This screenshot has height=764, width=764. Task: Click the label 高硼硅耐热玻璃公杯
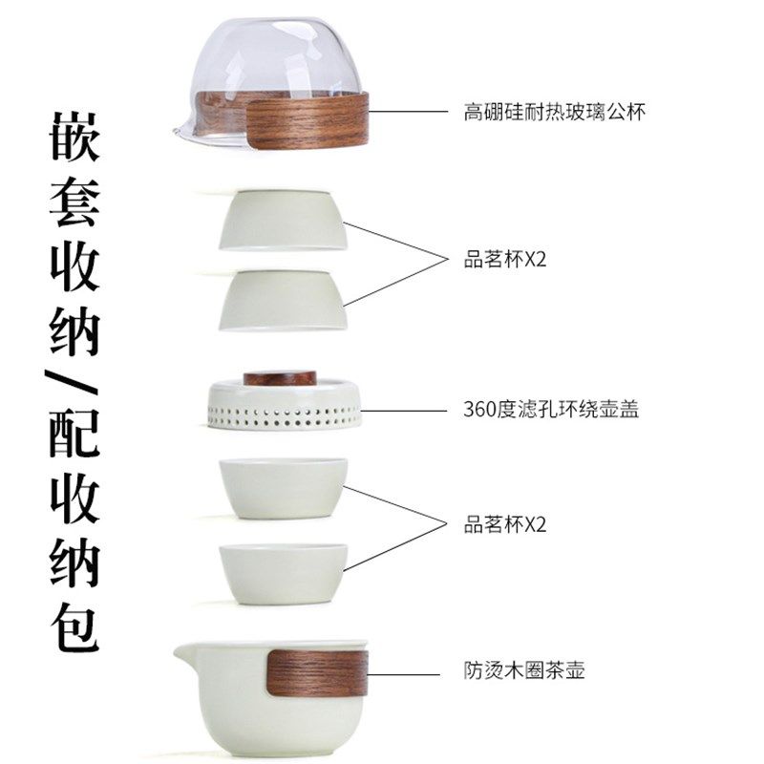[555, 112]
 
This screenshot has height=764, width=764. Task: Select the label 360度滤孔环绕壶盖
[550, 411]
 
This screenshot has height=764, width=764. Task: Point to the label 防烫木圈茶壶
[524, 669]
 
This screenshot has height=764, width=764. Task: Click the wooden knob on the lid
[280, 377]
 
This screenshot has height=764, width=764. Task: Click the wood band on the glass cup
[306, 119]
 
